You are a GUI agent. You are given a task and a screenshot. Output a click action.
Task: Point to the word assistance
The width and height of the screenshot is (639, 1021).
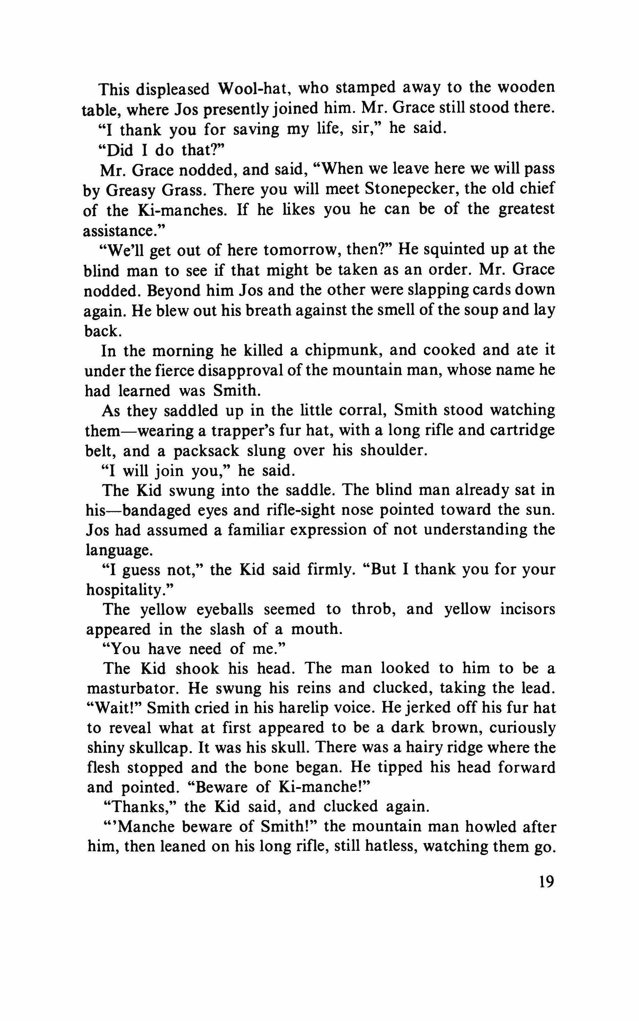coord(121,230)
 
